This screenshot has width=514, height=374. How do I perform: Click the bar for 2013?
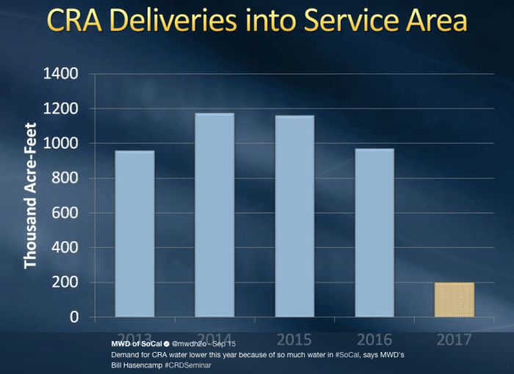[134, 234]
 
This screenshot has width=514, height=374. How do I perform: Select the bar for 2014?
[214, 215]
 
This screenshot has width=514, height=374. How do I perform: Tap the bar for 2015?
[294, 216]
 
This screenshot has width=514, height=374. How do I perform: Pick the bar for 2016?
[374, 232]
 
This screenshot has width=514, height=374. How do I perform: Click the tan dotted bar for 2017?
[455, 300]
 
